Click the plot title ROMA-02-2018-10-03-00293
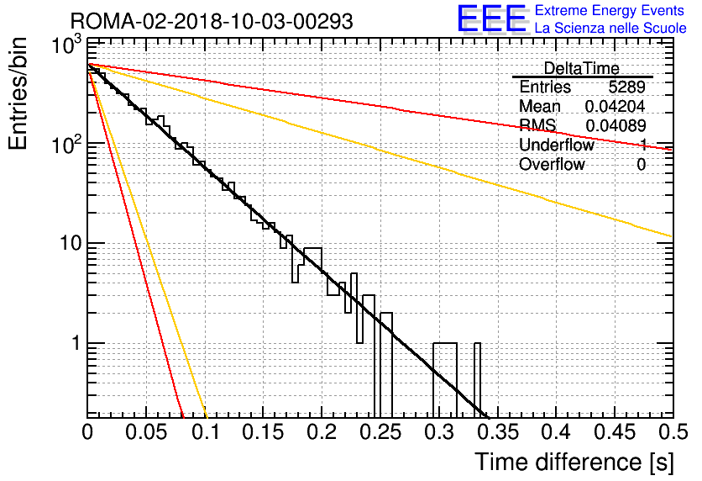(x=212, y=21)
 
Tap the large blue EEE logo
(x=491, y=18)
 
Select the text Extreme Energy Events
(x=610, y=10)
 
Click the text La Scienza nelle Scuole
(x=610, y=28)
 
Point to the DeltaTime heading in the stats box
(x=582, y=69)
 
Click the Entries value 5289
(x=626, y=87)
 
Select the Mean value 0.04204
(x=615, y=106)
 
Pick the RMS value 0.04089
(x=616, y=126)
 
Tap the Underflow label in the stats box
(x=556, y=145)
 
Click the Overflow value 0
(x=641, y=165)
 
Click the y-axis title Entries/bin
(x=18, y=93)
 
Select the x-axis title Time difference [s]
(x=574, y=462)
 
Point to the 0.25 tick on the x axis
(x=381, y=432)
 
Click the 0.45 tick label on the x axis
(x=615, y=432)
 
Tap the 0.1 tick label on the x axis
(x=206, y=432)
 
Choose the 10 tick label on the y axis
(x=70, y=243)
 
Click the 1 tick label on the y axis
(x=76, y=343)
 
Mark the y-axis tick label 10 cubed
(x=67, y=45)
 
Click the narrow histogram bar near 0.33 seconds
(x=477, y=378)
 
